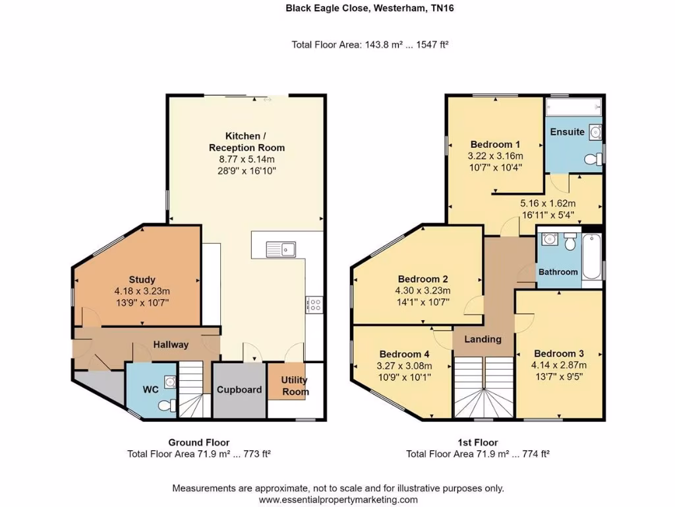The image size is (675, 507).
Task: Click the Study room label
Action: coord(142,279)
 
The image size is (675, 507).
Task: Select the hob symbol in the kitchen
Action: coord(314,304)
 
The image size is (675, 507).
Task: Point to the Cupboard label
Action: coord(239,389)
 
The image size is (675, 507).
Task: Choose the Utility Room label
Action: coord(295,386)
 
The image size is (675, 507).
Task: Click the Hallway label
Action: coord(171,344)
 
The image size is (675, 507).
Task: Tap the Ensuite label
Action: coord(568,131)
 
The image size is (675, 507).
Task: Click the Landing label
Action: coord(483,339)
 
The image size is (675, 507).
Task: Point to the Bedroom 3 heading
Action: coord(558,353)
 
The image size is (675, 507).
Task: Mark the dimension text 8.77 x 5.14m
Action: coord(247,159)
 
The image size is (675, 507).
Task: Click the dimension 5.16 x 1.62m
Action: coord(548,203)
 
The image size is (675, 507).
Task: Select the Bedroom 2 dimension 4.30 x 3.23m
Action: coord(423,290)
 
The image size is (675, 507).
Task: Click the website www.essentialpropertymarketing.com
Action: coord(337,500)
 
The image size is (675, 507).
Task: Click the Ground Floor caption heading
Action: coord(199,442)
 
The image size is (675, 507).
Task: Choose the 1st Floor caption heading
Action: coord(478,442)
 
